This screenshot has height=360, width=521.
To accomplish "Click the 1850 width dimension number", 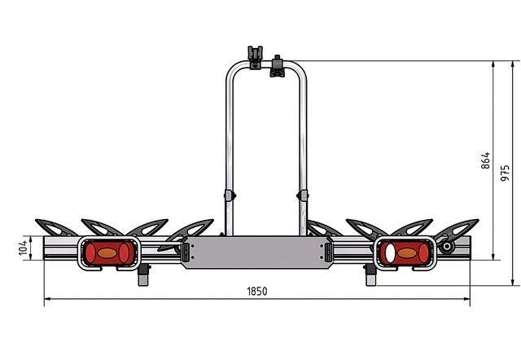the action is (x=257, y=292).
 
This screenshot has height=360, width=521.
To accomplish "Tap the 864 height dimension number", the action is (x=485, y=160).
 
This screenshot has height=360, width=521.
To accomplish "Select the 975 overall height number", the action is (x=505, y=173).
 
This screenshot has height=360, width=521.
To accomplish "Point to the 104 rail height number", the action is (x=23, y=248).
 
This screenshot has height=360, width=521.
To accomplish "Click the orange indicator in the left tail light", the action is (x=107, y=253).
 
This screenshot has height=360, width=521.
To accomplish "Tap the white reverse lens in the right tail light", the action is (x=390, y=253).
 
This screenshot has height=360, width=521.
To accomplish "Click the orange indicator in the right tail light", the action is (x=407, y=253).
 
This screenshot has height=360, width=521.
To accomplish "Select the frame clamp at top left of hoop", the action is (x=255, y=57).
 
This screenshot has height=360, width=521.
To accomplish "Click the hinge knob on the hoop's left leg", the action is (x=230, y=195).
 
